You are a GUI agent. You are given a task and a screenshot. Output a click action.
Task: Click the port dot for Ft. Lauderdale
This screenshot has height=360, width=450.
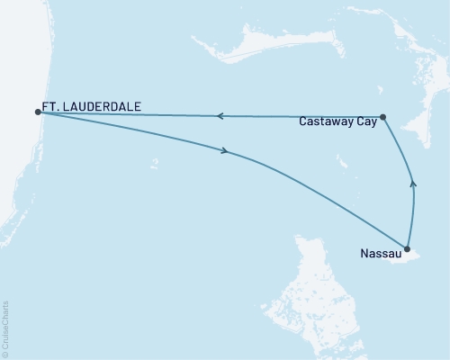coord(37,112)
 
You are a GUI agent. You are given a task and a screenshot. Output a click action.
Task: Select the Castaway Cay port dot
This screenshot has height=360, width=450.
coord(383,116)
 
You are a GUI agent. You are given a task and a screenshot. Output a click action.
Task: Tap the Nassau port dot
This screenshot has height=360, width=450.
coord(408,249)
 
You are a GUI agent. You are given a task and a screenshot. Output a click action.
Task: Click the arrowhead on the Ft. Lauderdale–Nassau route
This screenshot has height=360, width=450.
coord(223,152)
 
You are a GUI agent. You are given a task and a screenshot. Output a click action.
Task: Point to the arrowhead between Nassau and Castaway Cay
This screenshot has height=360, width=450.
coord(413,183)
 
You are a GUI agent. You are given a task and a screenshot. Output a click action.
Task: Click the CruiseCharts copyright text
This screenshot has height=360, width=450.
coord(5,328)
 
